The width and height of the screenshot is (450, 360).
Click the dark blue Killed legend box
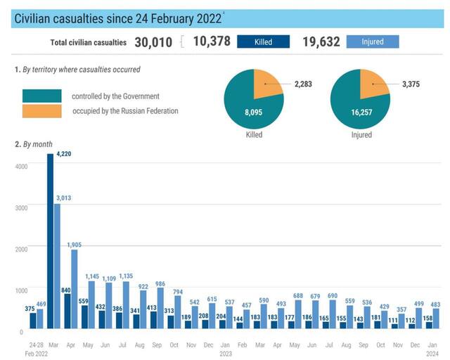point(263,42)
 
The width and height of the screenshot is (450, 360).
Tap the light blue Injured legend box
point(372,42)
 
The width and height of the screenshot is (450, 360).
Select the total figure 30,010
point(153,42)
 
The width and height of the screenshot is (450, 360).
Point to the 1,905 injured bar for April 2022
point(75,289)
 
